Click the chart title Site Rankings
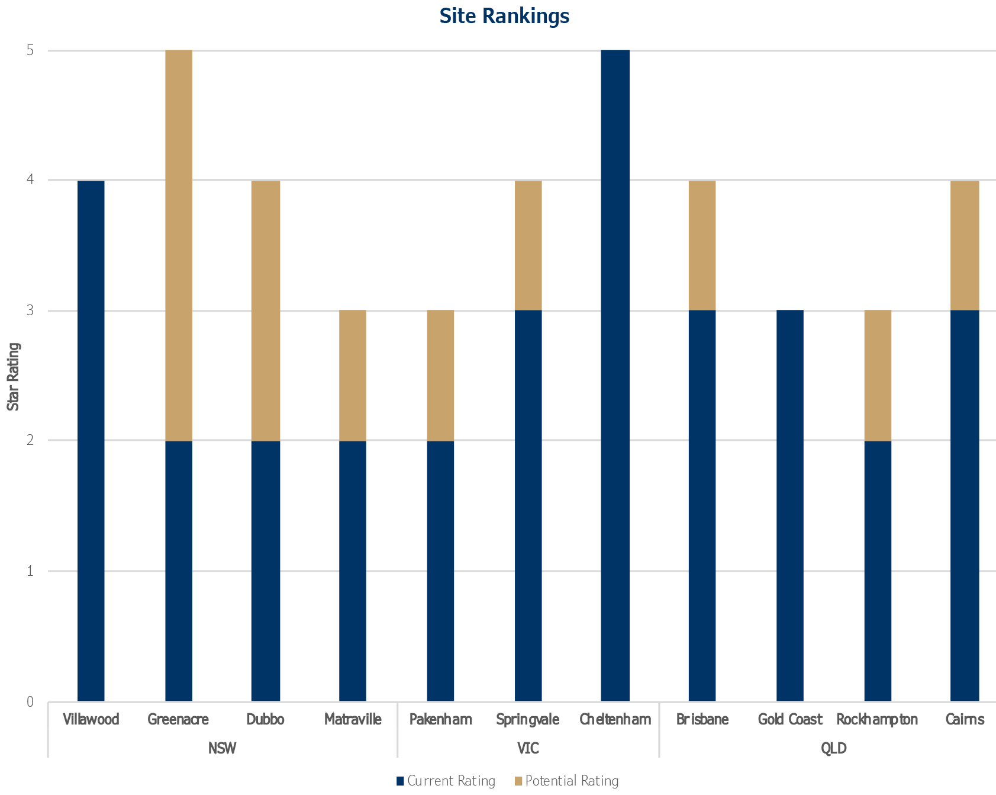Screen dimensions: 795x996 click(x=504, y=17)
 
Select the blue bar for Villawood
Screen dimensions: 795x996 click(x=91, y=441)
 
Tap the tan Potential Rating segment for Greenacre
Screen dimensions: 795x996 click(x=178, y=245)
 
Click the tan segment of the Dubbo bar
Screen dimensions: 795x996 click(x=266, y=310)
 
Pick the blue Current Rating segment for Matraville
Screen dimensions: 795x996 click(x=353, y=570)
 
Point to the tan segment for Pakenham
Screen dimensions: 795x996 click(x=440, y=376)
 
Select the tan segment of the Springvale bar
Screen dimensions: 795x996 click(x=528, y=245)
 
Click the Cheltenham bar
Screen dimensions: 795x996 click(x=615, y=376)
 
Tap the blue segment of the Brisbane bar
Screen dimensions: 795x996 click(x=702, y=505)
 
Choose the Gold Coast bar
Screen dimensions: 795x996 click(x=789, y=505)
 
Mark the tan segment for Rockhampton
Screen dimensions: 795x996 click(x=878, y=376)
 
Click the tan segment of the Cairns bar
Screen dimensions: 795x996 click(x=965, y=245)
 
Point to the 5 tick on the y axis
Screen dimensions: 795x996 click(x=30, y=51)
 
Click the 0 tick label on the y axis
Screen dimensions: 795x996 click(x=30, y=702)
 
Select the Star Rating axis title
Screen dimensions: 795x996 click(x=14, y=377)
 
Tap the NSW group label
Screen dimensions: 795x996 click(x=223, y=748)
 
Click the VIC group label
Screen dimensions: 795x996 click(x=528, y=748)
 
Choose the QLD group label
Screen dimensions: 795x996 click(x=833, y=748)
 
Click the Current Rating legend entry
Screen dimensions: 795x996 click(x=446, y=781)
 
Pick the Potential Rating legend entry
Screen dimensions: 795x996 click(x=566, y=781)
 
